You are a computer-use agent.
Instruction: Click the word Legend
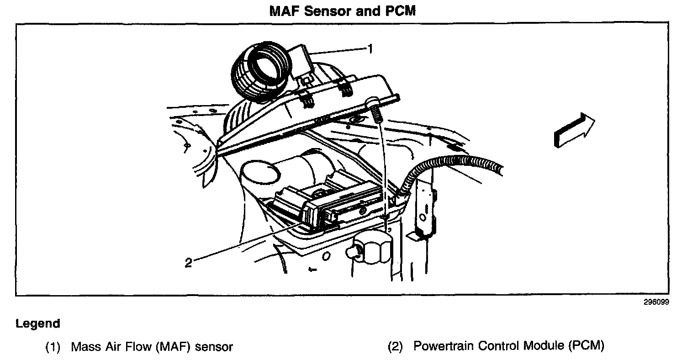point(38,324)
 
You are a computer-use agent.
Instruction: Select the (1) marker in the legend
point(53,347)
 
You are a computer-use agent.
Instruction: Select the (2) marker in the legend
point(396,347)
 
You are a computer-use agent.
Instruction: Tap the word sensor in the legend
point(214,347)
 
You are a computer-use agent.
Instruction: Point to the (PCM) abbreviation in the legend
point(587,346)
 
